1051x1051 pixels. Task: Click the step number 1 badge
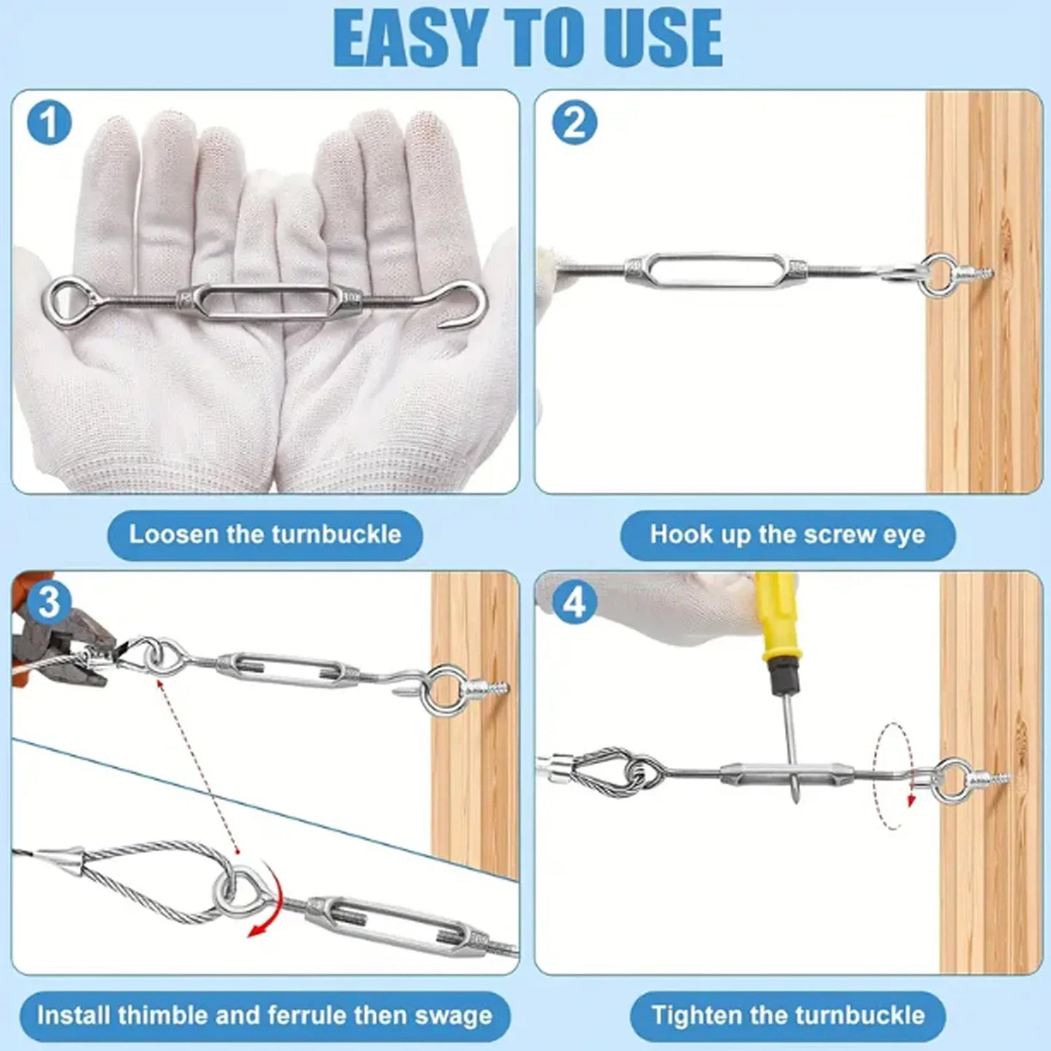49,122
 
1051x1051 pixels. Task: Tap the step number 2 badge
574,122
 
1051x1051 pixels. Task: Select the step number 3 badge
49,603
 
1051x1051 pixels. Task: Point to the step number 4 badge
574,603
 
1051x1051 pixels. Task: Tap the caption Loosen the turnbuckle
265,535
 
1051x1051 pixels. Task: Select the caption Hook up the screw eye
787,535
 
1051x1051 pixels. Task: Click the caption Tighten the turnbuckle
787,1015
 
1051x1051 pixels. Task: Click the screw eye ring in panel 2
938,274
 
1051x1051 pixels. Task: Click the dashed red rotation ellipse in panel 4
892,775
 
